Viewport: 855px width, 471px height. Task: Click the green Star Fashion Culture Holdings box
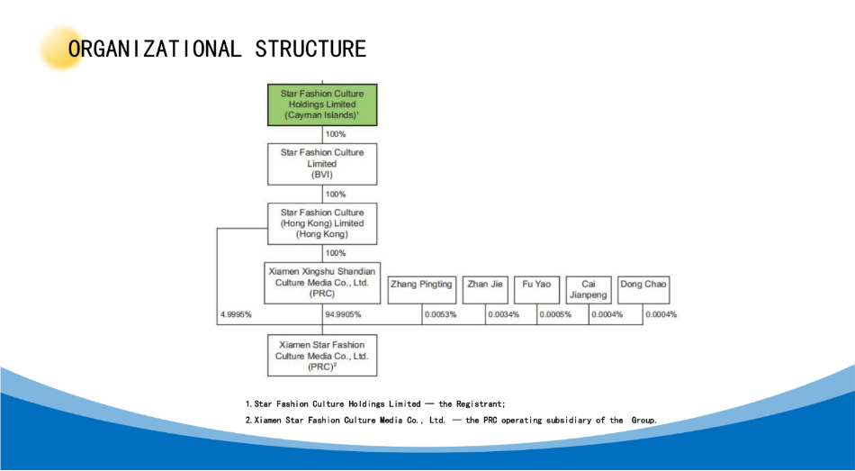[322, 104]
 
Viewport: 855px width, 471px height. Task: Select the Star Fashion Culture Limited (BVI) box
[322, 164]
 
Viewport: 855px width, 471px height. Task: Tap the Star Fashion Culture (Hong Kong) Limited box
[322, 223]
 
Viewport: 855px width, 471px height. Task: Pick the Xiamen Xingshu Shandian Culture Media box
[322, 283]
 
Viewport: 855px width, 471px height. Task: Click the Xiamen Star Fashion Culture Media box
[322, 356]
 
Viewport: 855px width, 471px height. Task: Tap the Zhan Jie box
[485, 290]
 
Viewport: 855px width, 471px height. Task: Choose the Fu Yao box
[536, 290]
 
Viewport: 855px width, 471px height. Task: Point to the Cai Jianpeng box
[589, 290]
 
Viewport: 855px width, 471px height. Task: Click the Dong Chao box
[643, 290]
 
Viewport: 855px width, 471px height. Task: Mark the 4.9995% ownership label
[236, 314]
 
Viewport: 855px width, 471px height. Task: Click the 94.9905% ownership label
[343, 314]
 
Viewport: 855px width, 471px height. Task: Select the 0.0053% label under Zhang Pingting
[441, 314]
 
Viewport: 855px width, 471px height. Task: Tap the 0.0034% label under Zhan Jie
[503, 314]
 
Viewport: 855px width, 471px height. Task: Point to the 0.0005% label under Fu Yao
[555, 314]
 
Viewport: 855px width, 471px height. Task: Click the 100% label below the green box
[336, 134]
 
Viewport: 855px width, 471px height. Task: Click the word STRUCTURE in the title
[310, 49]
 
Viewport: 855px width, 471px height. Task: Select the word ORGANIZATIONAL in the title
[154, 49]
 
